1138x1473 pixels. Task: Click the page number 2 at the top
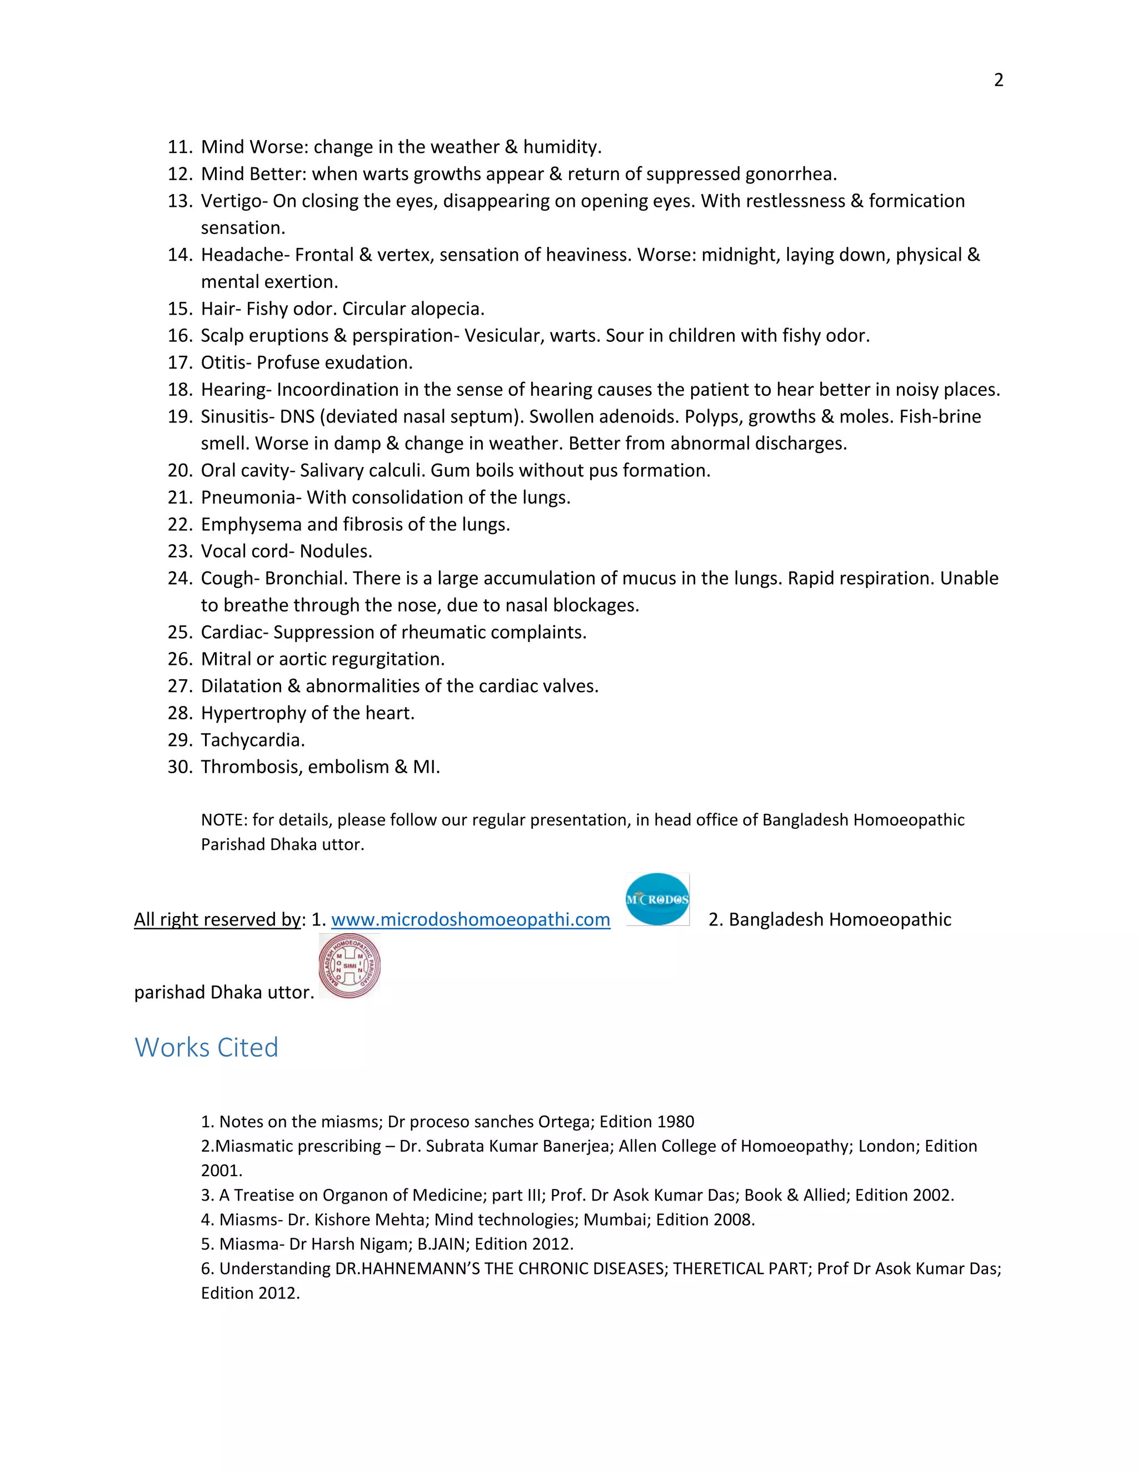[999, 80]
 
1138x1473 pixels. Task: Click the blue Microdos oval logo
[657, 899]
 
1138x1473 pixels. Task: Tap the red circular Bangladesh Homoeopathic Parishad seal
[349, 966]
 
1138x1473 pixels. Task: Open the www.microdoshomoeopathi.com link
[471, 919]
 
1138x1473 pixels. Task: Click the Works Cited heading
[206, 1047]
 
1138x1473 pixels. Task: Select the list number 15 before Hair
[180, 309]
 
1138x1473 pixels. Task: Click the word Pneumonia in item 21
[247, 497]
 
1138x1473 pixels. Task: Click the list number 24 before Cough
[180, 579]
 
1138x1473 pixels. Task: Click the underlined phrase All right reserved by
[217, 919]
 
